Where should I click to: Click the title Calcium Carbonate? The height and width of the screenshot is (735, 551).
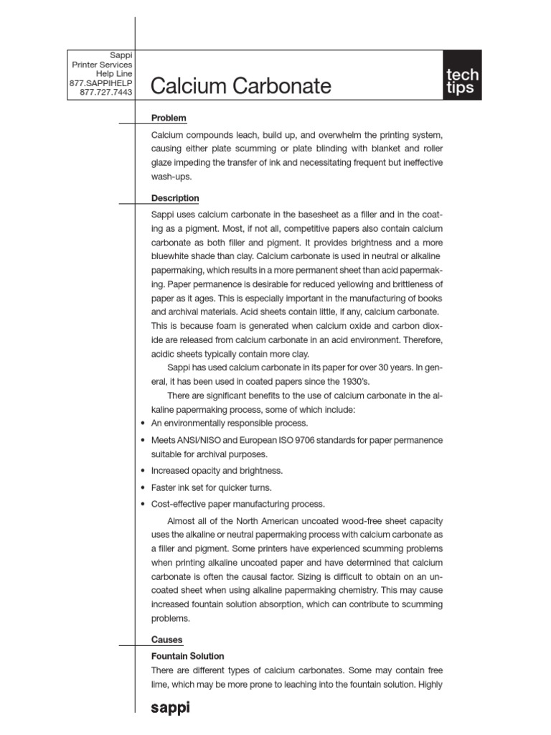coord(241,87)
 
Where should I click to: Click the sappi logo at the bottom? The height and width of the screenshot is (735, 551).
coord(170,708)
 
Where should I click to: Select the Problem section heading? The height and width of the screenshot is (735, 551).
coord(169,118)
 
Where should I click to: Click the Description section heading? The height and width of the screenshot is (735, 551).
coord(175,198)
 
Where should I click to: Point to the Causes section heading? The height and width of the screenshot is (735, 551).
coord(166,640)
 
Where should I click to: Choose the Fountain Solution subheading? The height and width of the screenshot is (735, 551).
coord(187,656)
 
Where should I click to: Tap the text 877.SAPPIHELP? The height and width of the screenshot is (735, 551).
coord(100,83)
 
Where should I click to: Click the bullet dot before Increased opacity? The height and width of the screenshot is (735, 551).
coord(143,472)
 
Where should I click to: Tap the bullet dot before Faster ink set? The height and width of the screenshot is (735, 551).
coord(143,488)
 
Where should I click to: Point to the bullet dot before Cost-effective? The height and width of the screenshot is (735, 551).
coord(143,504)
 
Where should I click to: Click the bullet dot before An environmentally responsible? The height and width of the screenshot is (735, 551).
coord(143,423)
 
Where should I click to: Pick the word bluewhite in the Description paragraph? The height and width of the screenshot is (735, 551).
coord(173,257)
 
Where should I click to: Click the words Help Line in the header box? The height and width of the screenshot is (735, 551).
coord(114,74)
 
